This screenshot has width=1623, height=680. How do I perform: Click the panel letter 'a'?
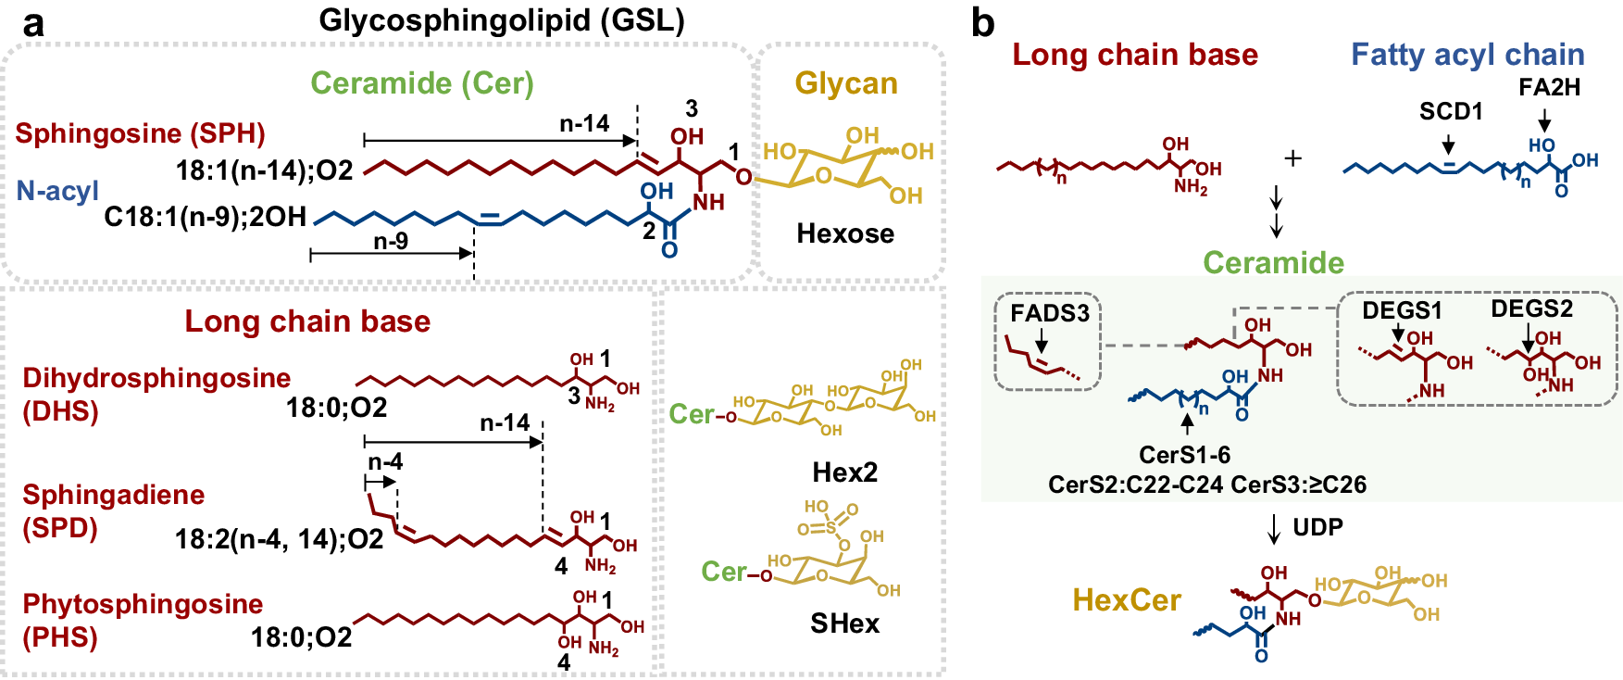[34, 22]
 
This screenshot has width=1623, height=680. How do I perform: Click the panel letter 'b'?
[983, 22]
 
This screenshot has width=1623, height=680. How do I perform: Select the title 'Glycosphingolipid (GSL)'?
[502, 19]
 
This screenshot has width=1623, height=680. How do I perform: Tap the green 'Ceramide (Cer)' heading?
[422, 83]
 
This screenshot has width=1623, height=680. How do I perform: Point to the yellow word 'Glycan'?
[846, 83]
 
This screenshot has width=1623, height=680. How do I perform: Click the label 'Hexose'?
[845, 233]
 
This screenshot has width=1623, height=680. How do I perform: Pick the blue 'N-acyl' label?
[57, 191]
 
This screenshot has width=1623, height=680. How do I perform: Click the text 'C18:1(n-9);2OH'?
[205, 217]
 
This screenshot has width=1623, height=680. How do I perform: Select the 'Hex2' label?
[844, 472]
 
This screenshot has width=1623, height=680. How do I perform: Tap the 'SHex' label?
[844, 623]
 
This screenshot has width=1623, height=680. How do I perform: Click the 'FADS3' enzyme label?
[1050, 313]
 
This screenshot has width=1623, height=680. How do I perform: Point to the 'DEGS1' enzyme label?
[1402, 311]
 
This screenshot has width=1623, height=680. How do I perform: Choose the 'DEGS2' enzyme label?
[1531, 309]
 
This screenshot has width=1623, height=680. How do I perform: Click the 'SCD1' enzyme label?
[1451, 112]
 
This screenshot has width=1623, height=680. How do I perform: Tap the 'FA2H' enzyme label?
[1549, 88]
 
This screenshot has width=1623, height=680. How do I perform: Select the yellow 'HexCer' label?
[1127, 600]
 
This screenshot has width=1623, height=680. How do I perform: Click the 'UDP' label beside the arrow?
[1317, 527]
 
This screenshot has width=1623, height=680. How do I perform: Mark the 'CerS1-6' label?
[1184, 455]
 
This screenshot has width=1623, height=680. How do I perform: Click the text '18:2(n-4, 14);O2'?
[279, 539]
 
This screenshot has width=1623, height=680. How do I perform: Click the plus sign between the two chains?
[1292, 158]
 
